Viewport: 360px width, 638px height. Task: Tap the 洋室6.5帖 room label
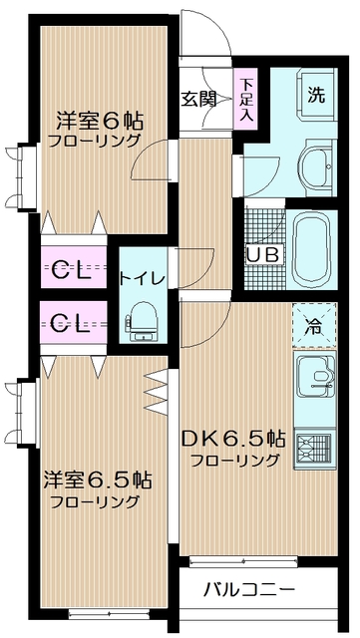(97, 479)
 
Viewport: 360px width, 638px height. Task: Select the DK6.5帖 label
(234, 439)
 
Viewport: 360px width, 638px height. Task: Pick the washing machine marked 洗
(315, 97)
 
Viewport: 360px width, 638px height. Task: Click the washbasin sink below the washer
(316, 163)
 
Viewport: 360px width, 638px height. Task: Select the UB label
(262, 253)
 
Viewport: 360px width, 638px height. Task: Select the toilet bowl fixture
(141, 317)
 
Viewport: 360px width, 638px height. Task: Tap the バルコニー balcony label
(248, 589)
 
